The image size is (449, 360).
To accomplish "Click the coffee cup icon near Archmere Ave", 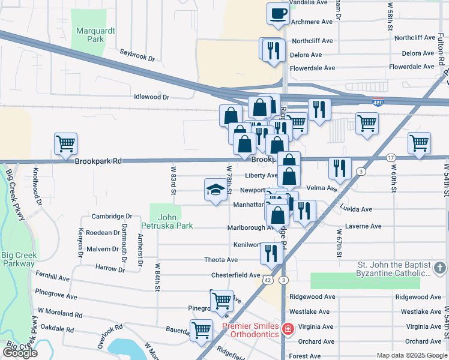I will (278, 13).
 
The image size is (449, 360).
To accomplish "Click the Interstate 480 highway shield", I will (378, 103).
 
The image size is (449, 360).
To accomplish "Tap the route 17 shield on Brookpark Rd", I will (391, 157).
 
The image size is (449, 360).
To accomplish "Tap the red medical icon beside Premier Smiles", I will (288, 329).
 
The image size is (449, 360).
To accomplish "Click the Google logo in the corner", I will (20, 353).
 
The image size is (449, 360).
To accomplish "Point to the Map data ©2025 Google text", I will (411, 355).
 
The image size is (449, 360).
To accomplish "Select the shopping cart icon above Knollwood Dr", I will (65, 143).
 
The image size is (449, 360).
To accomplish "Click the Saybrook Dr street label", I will (137, 59).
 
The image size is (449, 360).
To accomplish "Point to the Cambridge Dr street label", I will (112, 216).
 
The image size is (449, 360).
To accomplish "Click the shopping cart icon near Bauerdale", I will (201, 329).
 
